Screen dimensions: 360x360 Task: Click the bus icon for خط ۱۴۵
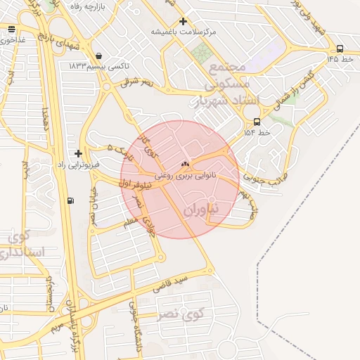click(x=341, y=49)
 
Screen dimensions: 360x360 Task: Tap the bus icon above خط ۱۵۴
click(x=256, y=121)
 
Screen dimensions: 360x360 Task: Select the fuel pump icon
click(x=70, y=201)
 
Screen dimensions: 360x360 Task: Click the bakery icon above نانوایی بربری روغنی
click(x=186, y=163)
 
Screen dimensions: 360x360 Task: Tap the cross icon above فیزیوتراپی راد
click(x=78, y=153)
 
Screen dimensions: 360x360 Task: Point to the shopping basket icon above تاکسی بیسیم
click(x=98, y=56)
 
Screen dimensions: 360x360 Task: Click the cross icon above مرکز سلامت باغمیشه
click(x=184, y=22)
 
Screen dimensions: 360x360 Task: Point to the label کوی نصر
click(x=185, y=313)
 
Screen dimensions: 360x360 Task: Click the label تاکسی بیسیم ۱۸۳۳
click(x=98, y=65)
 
